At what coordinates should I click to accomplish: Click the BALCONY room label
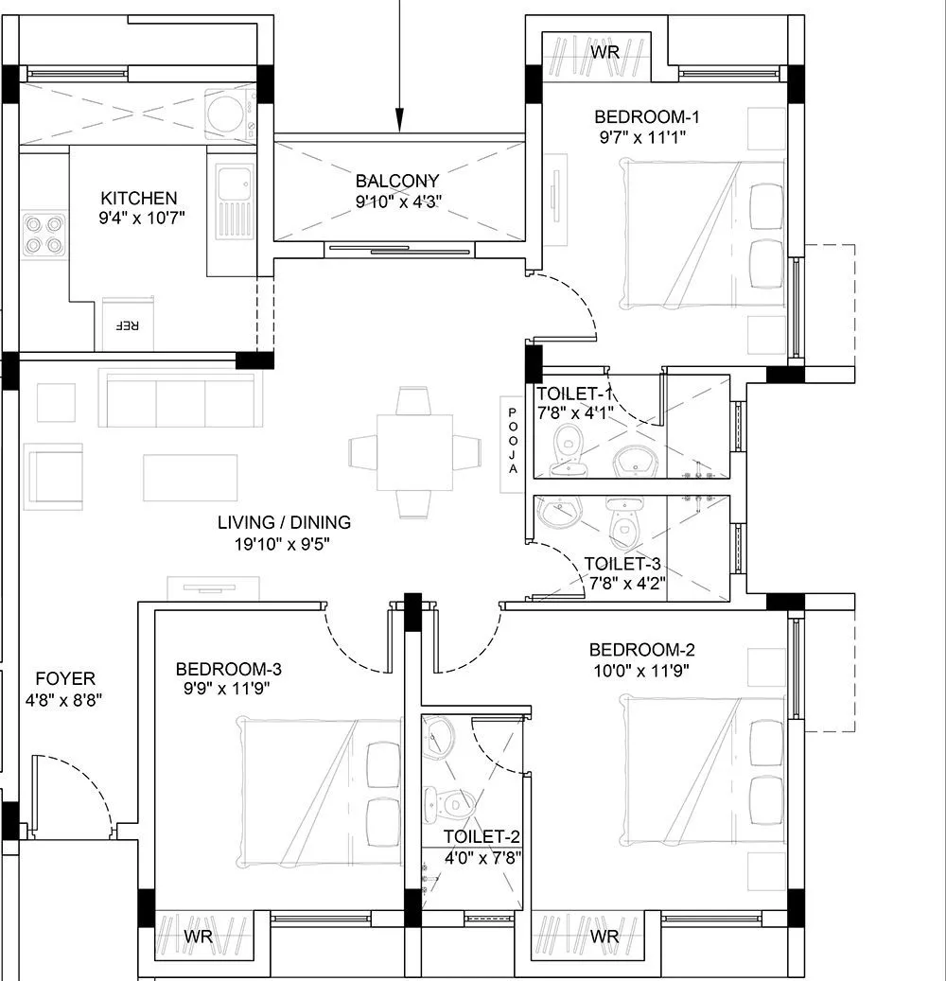[397, 181]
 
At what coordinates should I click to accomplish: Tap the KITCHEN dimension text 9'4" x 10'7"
[139, 219]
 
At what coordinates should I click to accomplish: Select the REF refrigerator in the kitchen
[127, 324]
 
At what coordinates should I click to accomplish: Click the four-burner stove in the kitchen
[44, 235]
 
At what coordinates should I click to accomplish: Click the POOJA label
[513, 441]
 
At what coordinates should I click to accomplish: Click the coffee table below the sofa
[190, 477]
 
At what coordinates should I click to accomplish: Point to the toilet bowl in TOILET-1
[568, 445]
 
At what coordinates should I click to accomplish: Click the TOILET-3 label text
[615, 565]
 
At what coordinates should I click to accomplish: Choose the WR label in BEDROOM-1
[605, 52]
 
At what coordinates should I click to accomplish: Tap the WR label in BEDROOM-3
[198, 937]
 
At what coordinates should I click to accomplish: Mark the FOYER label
[65, 678]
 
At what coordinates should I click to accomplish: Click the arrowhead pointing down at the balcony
[400, 120]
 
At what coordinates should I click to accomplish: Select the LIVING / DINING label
[284, 522]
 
